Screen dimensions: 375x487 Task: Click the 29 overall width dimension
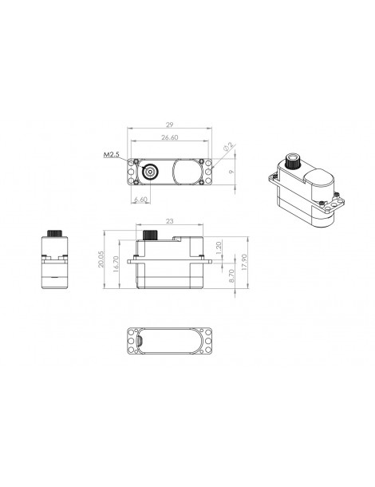click(x=169, y=125)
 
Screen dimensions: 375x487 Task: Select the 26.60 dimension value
click(x=169, y=137)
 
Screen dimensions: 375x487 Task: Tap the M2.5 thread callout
click(x=111, y=154)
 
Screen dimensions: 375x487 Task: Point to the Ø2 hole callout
click(x=228, y=147)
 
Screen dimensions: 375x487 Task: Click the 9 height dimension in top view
click(x=231, y=172)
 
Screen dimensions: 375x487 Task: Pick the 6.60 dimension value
click(x=140, y=200)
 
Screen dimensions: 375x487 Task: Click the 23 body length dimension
click(x=169, y=221)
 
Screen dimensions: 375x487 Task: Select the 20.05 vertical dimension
click(x=101, y=259)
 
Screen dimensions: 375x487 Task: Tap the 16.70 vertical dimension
click(x=116, y=264)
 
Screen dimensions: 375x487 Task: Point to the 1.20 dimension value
click(x=219, y=247)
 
